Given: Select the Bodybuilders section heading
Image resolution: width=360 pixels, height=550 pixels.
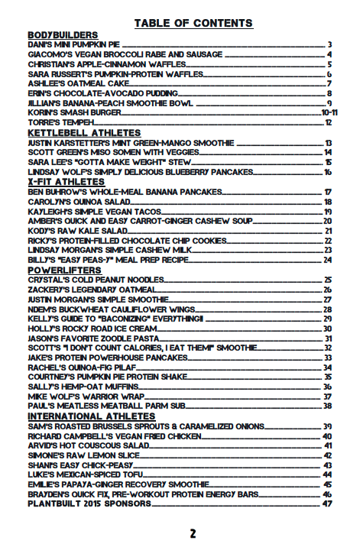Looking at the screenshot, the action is pyautogui.click(x=63, y=35).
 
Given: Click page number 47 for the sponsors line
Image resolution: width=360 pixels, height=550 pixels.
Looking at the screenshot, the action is pyautogui.click(x=329, y=503).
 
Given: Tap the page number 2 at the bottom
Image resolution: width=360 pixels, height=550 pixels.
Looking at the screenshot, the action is pyautogui.click(x=193, y=534).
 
